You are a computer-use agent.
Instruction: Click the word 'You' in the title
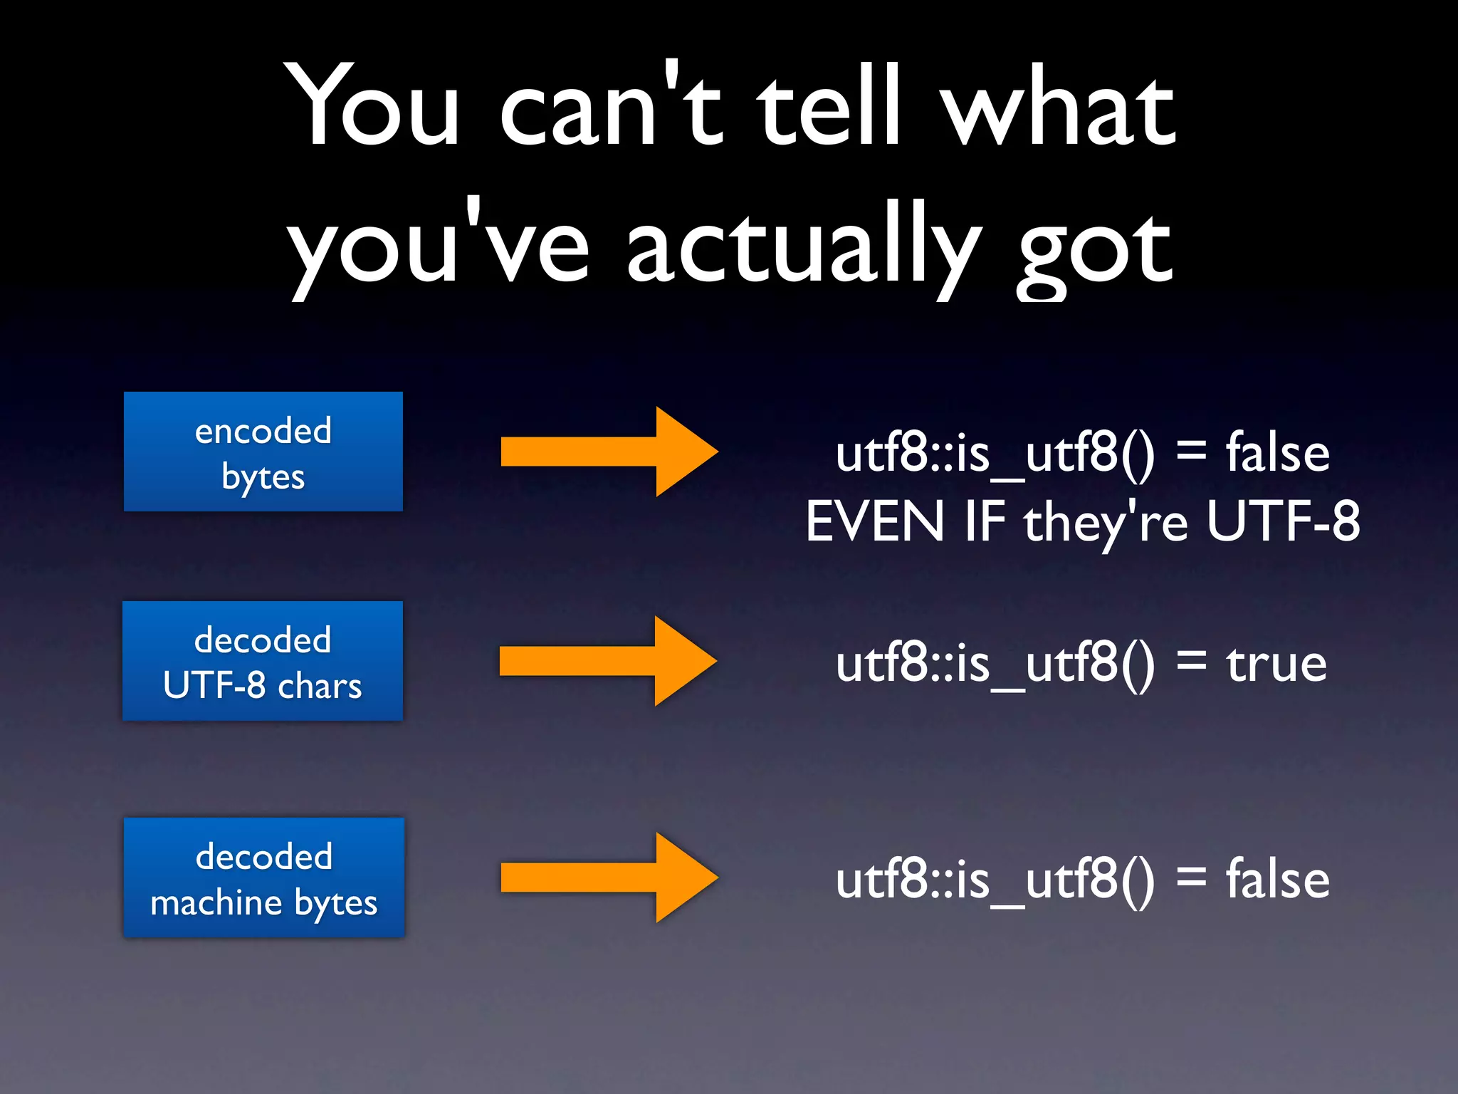pos(374,107)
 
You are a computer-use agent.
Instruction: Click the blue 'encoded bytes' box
pos(263,452)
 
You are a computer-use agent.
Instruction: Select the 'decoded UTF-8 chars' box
pos(263,661)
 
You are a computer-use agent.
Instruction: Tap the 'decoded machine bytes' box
pos(264,877)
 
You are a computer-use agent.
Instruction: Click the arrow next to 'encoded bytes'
pos(609,452)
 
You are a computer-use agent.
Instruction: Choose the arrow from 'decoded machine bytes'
pos(609,877)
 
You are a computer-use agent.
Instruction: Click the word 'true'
pos(1276,664)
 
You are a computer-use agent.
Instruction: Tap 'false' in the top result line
pos(1277,453)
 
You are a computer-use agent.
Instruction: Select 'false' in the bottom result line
pos(1277,879)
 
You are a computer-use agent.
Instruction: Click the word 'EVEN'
pos(875,521)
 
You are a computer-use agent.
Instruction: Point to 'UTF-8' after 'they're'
pos(1283,521)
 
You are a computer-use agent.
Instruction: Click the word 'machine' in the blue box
pos(217,903)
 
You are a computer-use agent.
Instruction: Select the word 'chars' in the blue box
pos(320,687)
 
